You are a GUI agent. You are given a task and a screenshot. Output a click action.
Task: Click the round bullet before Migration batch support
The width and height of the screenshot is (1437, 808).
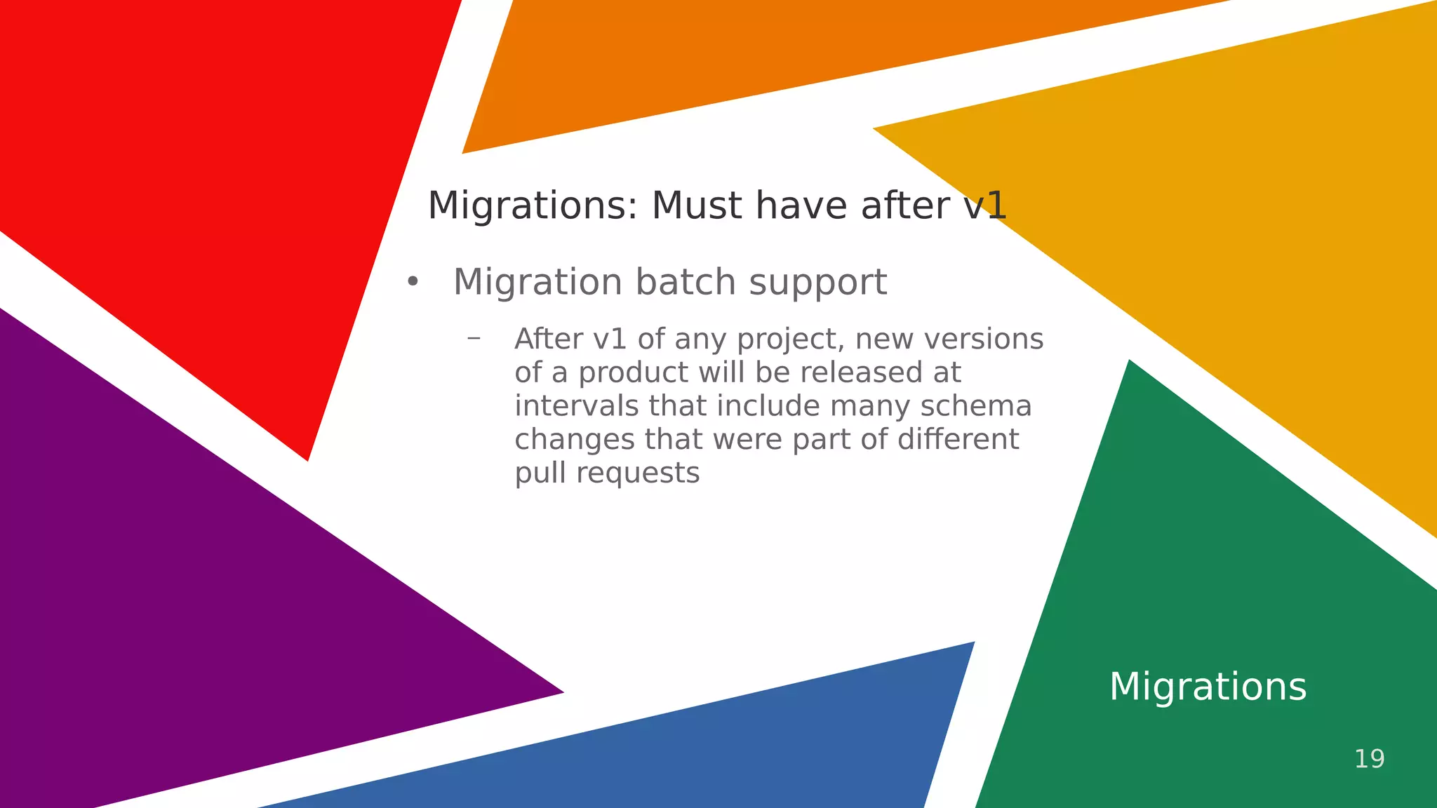tap(413, 282)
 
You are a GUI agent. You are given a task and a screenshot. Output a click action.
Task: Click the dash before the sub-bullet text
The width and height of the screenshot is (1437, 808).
tap(474, 338)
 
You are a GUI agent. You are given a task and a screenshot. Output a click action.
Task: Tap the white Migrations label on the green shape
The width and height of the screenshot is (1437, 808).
tap(1208, 686)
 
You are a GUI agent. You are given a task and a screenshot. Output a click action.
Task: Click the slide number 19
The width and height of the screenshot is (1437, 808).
tap(1369, 759)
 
